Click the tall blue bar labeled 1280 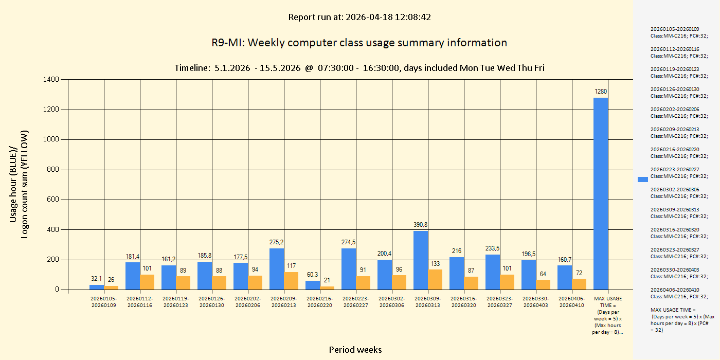click(x=600, y=193)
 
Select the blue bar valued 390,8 click(x=421, y=260)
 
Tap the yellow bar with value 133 click(x=435, y=279)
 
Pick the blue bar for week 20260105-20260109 click(x=97, y=287)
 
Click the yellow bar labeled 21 click(x=327, y=288)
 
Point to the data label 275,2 click(x=277, y=242)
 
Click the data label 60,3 click(x=313, y=274)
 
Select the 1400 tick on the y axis click(x=52, y=80)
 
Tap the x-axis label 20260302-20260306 click(x=392, y=302)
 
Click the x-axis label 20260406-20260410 click(x=572, y=302)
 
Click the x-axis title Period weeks click(x=355, y=350)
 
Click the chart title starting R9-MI click(x=359, y=43)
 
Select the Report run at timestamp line click(x=359, y=17)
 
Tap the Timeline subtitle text click(x=359, y=68)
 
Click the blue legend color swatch click(x=642, y=179)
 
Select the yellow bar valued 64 click(x=543, y=284)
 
